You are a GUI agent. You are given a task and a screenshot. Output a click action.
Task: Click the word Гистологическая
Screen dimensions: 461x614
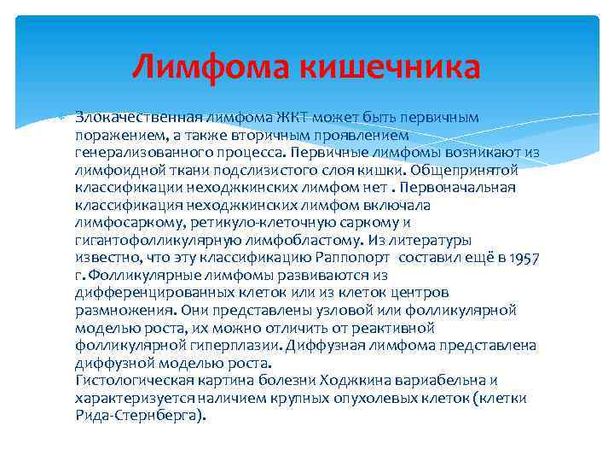tap(129, 382)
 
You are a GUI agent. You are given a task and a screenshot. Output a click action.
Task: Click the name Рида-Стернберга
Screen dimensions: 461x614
tap(139, 417)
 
